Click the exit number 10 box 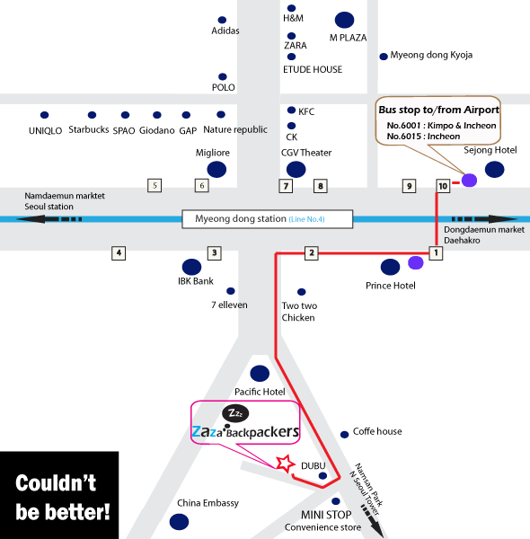[443, 186]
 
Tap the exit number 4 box [119, 253]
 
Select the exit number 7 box [286, 186]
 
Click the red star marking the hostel [285, 464]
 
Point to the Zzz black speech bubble [235, 413]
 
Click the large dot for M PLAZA [344, 20]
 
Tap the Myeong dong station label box [268, 219]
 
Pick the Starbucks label [89, 129]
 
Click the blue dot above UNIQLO [44, 115]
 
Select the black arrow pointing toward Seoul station [49, 219]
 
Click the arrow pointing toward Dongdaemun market [484, 219]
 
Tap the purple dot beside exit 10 [469, 181]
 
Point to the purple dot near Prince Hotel [416, 262]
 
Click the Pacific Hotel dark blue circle [260, 374]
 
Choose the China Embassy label [208, 503]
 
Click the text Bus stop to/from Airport [439, 110]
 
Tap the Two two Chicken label [299, 312]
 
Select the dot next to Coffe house [344, 435]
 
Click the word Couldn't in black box [56, 483]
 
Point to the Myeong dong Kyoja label [431, 56]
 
